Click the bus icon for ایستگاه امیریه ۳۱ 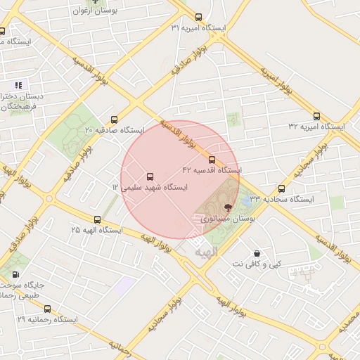[x=198, y=17]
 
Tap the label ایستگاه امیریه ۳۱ [x=198, y=28]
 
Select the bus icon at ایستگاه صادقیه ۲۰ [x=115, y=120]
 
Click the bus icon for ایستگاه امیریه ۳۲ [x=316, y=116]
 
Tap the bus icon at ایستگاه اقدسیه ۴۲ [x=212, y=160]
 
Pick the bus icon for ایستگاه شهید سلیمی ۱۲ [x=150, y=176]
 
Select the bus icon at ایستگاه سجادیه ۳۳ [x=281, y=188]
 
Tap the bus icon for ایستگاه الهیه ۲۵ [x=97, y=219]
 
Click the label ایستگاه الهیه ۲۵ [x=97, y=231]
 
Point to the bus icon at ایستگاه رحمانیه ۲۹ [x=47, y=309]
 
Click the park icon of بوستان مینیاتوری [x=227, y=207]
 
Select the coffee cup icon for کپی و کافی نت [x=257, y=252]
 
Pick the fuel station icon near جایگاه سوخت [x=15, y=275]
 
